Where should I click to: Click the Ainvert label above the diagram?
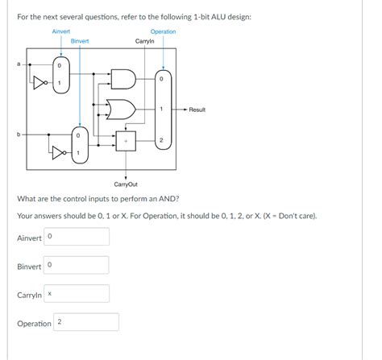[x=61, y=31]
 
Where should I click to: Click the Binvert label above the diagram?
[x=80, y=40]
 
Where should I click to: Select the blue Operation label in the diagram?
[x=163, y=31]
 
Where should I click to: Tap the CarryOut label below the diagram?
[x=127, y=184]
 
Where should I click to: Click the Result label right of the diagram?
[x=197, y=110]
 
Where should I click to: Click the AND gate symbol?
[x=124, y=79]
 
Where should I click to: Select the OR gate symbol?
[x=124, y=109]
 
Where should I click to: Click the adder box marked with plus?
[x=125, y=142]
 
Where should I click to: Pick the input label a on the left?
[x=21, y=64]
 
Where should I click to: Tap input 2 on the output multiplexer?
[x=162, y=141]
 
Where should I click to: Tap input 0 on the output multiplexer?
[x=162, y=79]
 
